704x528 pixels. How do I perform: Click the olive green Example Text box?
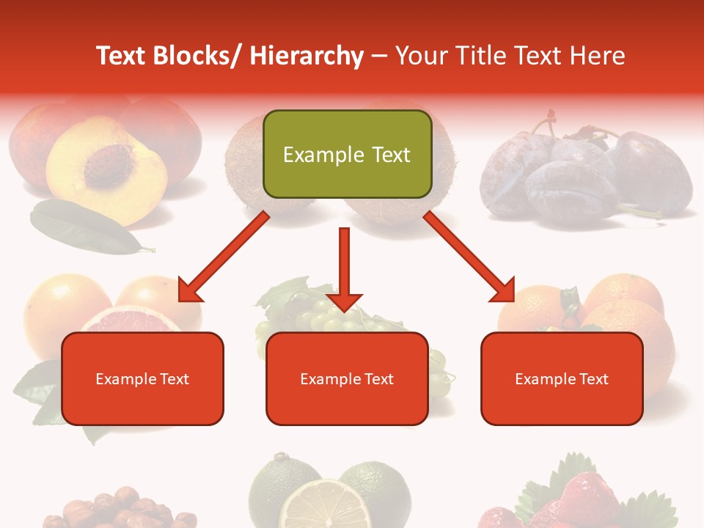tap(347, 154)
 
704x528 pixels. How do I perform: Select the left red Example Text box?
tap(142, 378)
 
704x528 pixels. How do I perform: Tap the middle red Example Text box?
tap(347, 378)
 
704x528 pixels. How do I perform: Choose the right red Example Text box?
tap(562, 378)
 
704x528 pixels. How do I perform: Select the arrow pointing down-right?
tap(469, 256)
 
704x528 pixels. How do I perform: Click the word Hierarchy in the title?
tap(307, 56)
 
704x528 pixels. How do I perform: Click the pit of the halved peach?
tap(109, 162)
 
